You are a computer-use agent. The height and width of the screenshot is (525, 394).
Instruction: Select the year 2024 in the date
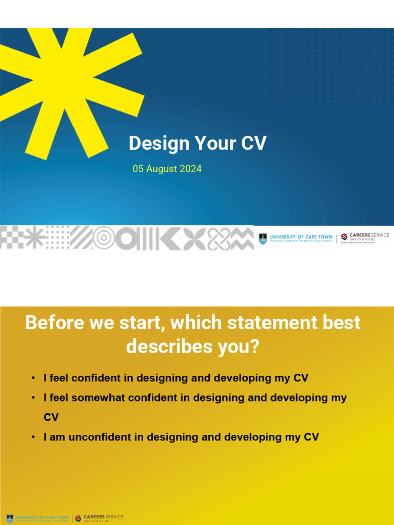coord(190,169)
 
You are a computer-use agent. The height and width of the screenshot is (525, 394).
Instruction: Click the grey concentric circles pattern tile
coord(104,237)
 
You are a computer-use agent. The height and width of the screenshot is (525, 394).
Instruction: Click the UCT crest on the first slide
coord(263,238)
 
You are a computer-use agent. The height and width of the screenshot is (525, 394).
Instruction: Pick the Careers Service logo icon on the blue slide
coord(344,237)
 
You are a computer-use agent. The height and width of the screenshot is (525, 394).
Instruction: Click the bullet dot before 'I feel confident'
coord(33,378)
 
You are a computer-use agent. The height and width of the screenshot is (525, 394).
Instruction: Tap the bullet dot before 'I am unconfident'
coord(33,437)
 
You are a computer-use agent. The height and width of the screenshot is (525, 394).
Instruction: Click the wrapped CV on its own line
coord(51,417)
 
